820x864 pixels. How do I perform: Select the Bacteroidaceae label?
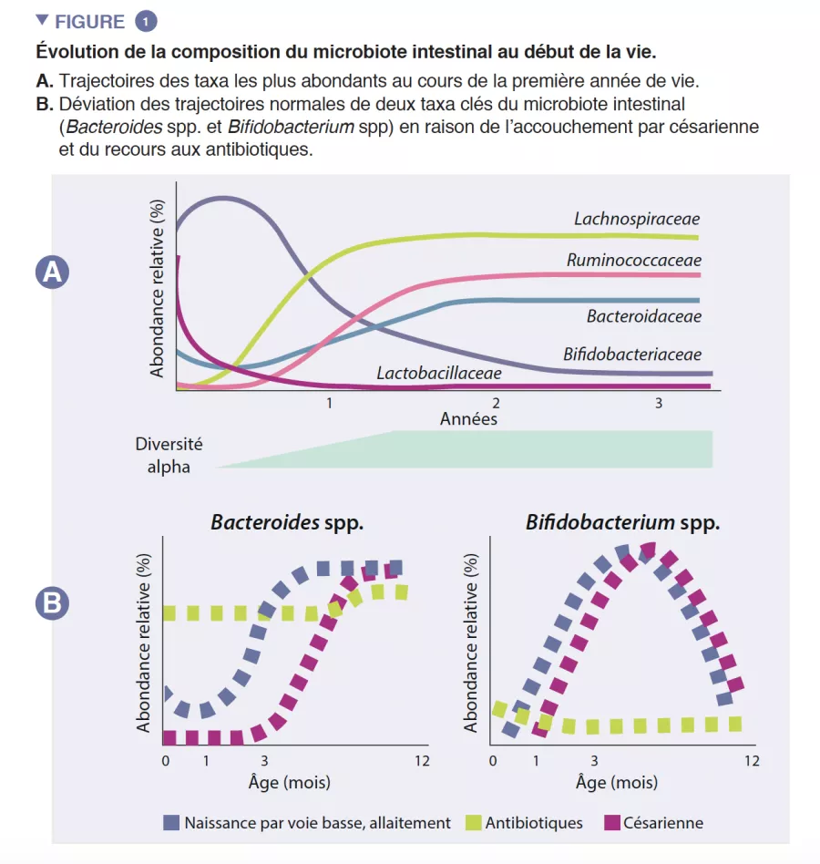point(643,316)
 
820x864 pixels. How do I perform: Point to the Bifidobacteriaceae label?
point(631,354)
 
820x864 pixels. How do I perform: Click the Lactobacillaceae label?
point(438,373)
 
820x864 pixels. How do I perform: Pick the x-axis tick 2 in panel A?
point(495,403)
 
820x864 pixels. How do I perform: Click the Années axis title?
point(468,419)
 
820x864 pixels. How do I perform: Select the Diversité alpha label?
point(169,455)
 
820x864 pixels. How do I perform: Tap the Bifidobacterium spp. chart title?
point(622,523)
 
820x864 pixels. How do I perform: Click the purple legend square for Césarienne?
point(611,823)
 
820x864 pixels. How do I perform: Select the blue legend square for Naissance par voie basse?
point(171,823)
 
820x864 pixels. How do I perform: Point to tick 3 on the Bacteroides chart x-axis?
point(264,761)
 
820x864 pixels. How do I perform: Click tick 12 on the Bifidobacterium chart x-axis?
point(751,761)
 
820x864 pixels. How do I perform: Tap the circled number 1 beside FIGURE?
point(145,20)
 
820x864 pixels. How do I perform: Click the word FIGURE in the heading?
point(89,20)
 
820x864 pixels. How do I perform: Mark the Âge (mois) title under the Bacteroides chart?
point(289,782)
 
